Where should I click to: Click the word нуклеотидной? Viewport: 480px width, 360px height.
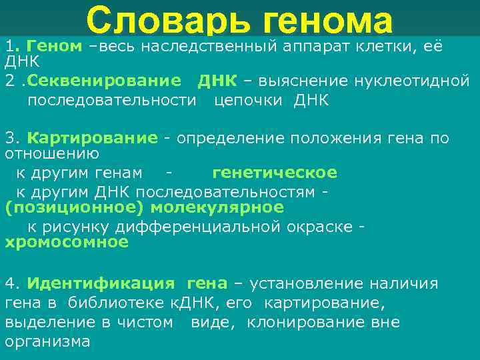[410, 81]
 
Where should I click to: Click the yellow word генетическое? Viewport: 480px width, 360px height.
[275, 173]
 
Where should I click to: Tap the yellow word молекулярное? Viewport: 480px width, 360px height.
[217, 207]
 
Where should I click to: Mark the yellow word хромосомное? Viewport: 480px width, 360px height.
[67, 242]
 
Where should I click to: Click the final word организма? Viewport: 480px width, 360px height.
[47, 342]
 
